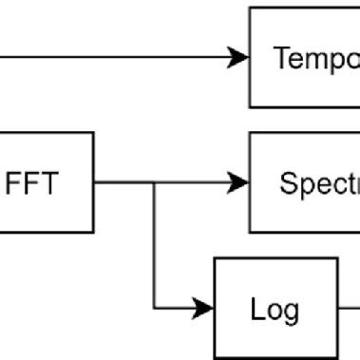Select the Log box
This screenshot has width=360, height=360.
pos(275,307)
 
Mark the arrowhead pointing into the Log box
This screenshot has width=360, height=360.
pos(204,307)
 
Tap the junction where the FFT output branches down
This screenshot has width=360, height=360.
pos(155,181)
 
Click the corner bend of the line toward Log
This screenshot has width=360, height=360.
pos(155,307)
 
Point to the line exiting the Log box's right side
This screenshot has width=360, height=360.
pos(349,307)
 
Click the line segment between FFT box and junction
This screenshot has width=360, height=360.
pos(123,181)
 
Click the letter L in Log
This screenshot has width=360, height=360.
pos(256,309)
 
